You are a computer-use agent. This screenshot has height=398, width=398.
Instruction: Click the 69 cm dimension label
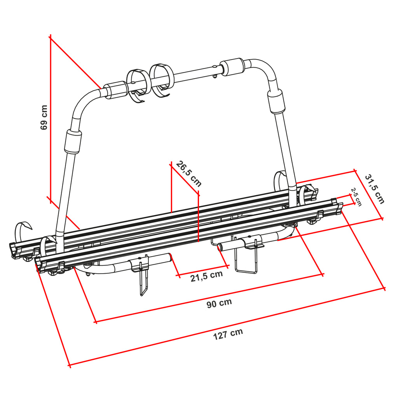(44, 117)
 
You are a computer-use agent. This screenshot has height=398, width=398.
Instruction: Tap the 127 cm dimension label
(228, 334)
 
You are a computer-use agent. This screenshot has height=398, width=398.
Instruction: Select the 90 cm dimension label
(219, 303)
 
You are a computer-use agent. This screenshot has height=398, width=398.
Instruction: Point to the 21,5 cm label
(207, 276)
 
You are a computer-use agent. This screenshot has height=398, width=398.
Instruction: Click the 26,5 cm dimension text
(189, 174)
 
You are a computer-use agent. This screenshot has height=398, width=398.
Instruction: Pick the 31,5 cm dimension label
(375, 189)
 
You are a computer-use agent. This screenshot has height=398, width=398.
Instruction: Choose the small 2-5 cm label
(356, 197)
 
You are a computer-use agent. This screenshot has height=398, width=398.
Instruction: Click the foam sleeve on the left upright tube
(73, 141)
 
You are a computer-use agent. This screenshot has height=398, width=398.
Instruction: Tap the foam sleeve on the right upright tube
(276, 101)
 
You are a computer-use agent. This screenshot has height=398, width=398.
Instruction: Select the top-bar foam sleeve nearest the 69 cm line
(116, 90)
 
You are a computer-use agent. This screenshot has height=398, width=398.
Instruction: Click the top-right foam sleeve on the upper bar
(232, 67)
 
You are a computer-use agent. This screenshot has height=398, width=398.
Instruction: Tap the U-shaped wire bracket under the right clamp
(246, 257)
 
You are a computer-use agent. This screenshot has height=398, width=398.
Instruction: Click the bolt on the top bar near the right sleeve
(215, 72)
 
